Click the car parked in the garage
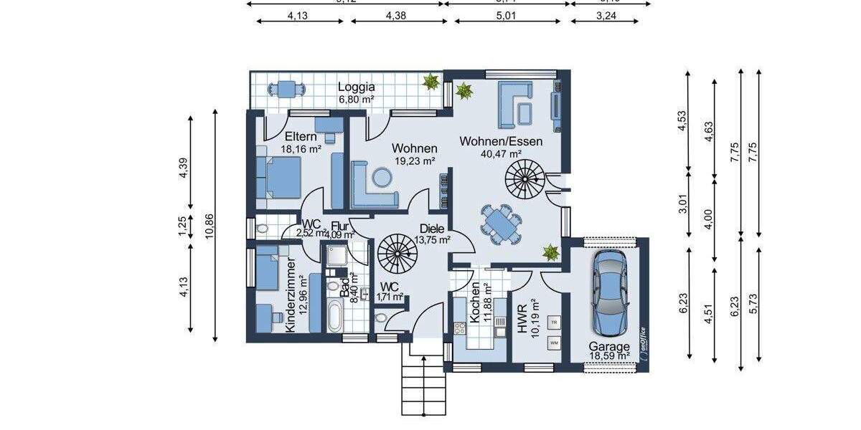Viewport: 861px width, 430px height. coord(610,294)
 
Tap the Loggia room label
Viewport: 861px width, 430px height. coord(357,88)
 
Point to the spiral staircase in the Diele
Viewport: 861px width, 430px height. coord(397,252)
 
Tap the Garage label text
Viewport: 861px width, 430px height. coord(610,345)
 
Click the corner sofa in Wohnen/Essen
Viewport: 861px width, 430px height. coord(514,102)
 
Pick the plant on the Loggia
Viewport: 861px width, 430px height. coord(430,82)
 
